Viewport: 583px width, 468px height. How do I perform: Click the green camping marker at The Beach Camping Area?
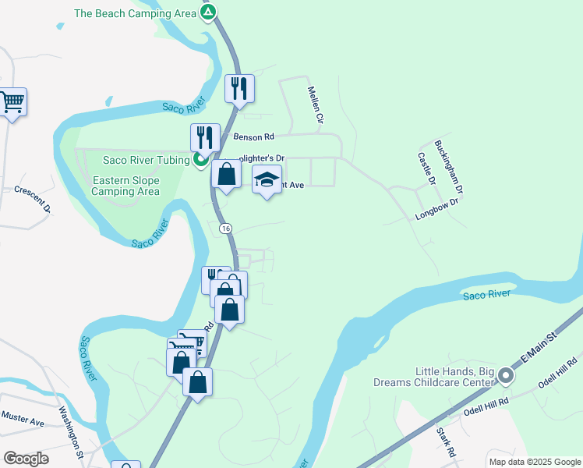[x=208, y=12]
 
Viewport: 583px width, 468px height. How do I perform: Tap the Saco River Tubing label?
[x=147, y=161]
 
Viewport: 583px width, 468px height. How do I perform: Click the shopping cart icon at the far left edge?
[x=12, y=102]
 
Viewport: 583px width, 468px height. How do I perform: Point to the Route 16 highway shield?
[x=225, y=228]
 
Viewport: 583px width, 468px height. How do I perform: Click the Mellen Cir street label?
[x=315, y=105]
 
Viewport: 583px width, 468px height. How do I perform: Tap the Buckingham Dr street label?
[x=449, y=167]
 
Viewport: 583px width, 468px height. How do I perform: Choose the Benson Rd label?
[x=254, y=136]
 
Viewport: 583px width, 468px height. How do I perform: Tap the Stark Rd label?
[x=446, y=441]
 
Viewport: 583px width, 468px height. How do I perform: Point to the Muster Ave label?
[x=23, y=419]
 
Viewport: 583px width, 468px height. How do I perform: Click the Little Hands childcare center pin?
[x=506, y=377]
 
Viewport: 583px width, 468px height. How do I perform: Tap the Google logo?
[x=26, y=459]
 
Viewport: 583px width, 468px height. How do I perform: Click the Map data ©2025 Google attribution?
[x=534, y=462]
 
